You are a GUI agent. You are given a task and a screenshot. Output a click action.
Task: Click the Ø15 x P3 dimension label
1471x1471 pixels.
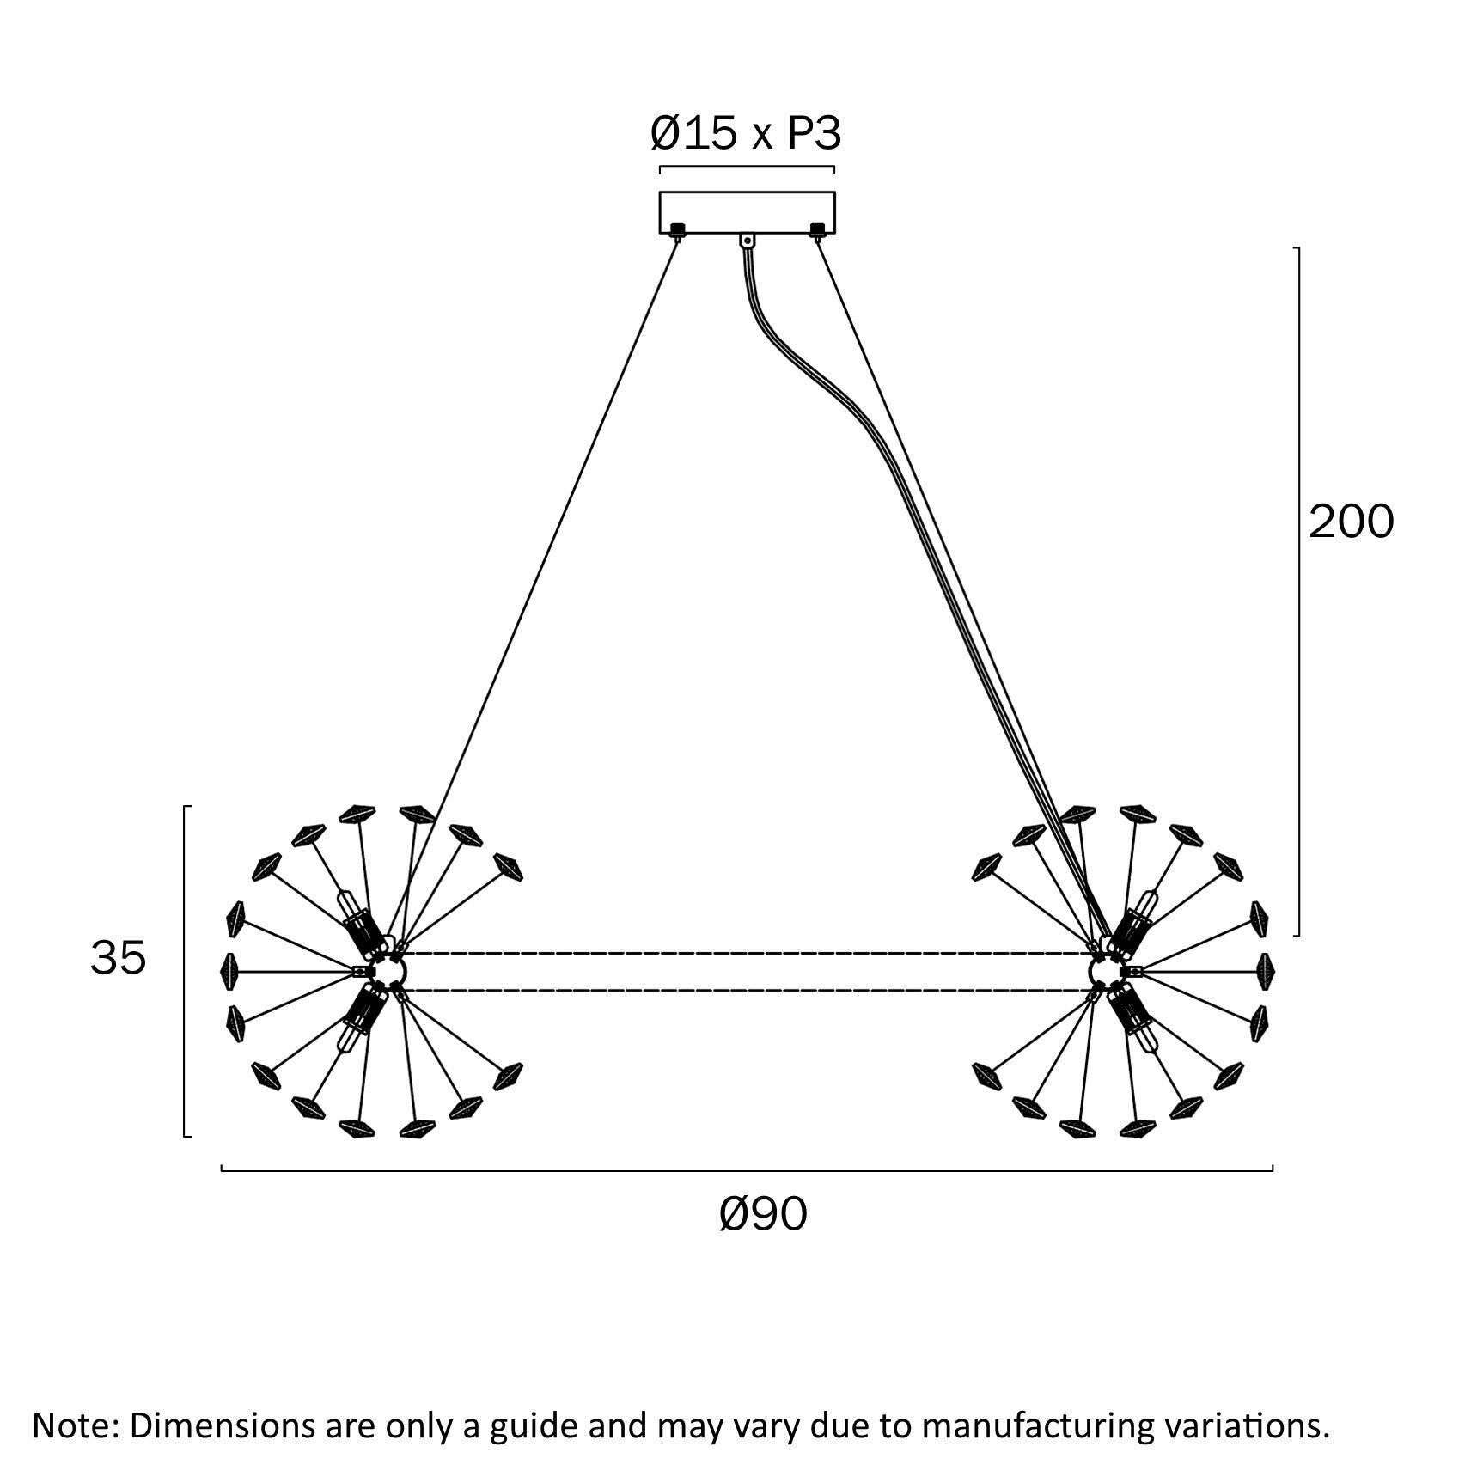[745, 134]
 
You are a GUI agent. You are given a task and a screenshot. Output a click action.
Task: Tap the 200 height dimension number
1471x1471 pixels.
[1351, 522]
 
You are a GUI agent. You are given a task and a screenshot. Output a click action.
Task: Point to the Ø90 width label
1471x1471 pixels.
[763, 1213]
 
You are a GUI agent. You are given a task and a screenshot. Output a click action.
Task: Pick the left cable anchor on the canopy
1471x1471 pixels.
[677, 229]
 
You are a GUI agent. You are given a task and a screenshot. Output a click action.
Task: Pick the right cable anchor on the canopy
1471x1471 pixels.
[817, 229]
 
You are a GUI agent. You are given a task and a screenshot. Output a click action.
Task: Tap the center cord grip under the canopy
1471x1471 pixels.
[748, 241]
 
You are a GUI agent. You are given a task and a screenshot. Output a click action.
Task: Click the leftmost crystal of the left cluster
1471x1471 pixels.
[229, 970]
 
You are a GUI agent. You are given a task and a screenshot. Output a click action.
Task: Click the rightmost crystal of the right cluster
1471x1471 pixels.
[1267, 970]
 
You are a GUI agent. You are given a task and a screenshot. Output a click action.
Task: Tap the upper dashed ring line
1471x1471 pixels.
[748, 953]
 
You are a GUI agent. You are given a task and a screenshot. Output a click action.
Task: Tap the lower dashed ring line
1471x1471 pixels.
[748, 991]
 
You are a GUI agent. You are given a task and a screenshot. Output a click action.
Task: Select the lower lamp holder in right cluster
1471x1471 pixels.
[1136, 1016]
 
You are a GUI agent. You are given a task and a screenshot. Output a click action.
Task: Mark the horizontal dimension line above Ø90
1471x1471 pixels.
[747, 1170]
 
